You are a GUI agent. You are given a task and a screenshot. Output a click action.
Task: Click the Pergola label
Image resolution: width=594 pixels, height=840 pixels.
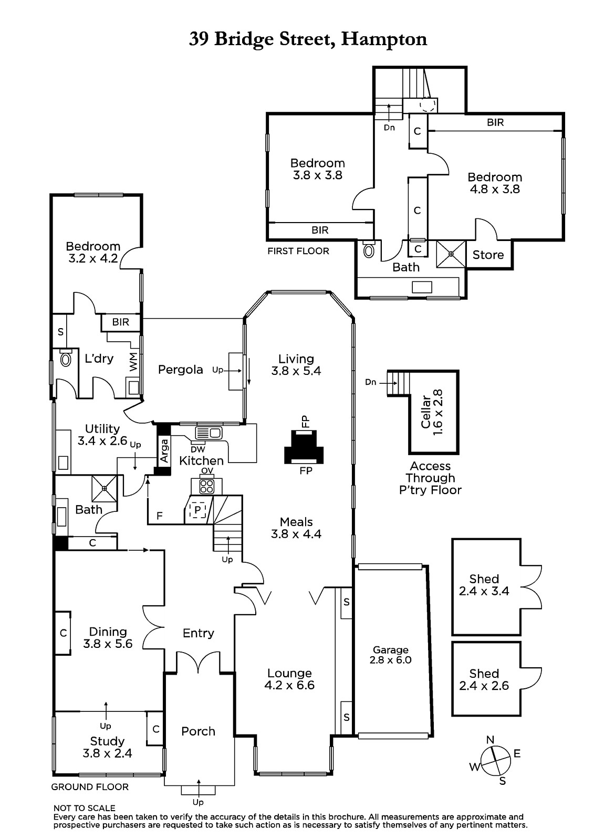[x=180, y=370]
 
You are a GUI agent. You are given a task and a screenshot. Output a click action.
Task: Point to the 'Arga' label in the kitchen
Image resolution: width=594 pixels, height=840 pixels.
[x=164, y=451]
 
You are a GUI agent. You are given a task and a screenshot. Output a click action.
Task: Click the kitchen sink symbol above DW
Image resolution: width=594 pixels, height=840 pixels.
[x=209, y=433]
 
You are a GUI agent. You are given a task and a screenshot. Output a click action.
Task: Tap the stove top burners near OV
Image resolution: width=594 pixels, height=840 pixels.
[x=207, y=486]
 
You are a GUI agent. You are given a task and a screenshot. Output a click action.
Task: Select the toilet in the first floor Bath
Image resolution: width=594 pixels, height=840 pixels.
[x=369, y=249]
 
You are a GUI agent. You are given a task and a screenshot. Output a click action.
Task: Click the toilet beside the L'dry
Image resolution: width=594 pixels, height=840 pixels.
[x=66, y=359]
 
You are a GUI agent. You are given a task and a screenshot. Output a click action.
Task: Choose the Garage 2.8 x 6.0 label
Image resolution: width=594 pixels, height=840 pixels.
[x=390, y=655]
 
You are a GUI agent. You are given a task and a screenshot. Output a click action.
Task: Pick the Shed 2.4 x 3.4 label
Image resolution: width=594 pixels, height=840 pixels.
[x=484, y=585]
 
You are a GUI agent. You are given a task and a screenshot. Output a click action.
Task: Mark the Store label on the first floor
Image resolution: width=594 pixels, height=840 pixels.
[x=488, y=255]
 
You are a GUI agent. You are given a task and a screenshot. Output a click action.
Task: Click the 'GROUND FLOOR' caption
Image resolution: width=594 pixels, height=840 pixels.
[x=90, y=787]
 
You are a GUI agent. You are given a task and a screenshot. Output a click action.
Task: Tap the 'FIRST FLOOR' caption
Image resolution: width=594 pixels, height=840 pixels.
[x=298, y=251]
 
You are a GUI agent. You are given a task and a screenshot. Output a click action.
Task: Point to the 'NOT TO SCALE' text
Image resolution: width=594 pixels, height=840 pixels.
[x=85, y=808]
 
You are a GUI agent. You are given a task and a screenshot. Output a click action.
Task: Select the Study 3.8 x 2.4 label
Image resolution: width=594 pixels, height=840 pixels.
[x=107, y=748]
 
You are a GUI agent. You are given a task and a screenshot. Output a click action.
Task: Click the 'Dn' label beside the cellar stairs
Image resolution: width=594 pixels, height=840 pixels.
[x=370, y=382]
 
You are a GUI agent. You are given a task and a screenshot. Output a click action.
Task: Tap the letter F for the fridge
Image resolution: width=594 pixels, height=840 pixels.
[x=160, y=516]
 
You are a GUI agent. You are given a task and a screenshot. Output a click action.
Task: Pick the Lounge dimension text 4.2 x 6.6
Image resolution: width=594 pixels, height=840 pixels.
[x=289, y=685]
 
